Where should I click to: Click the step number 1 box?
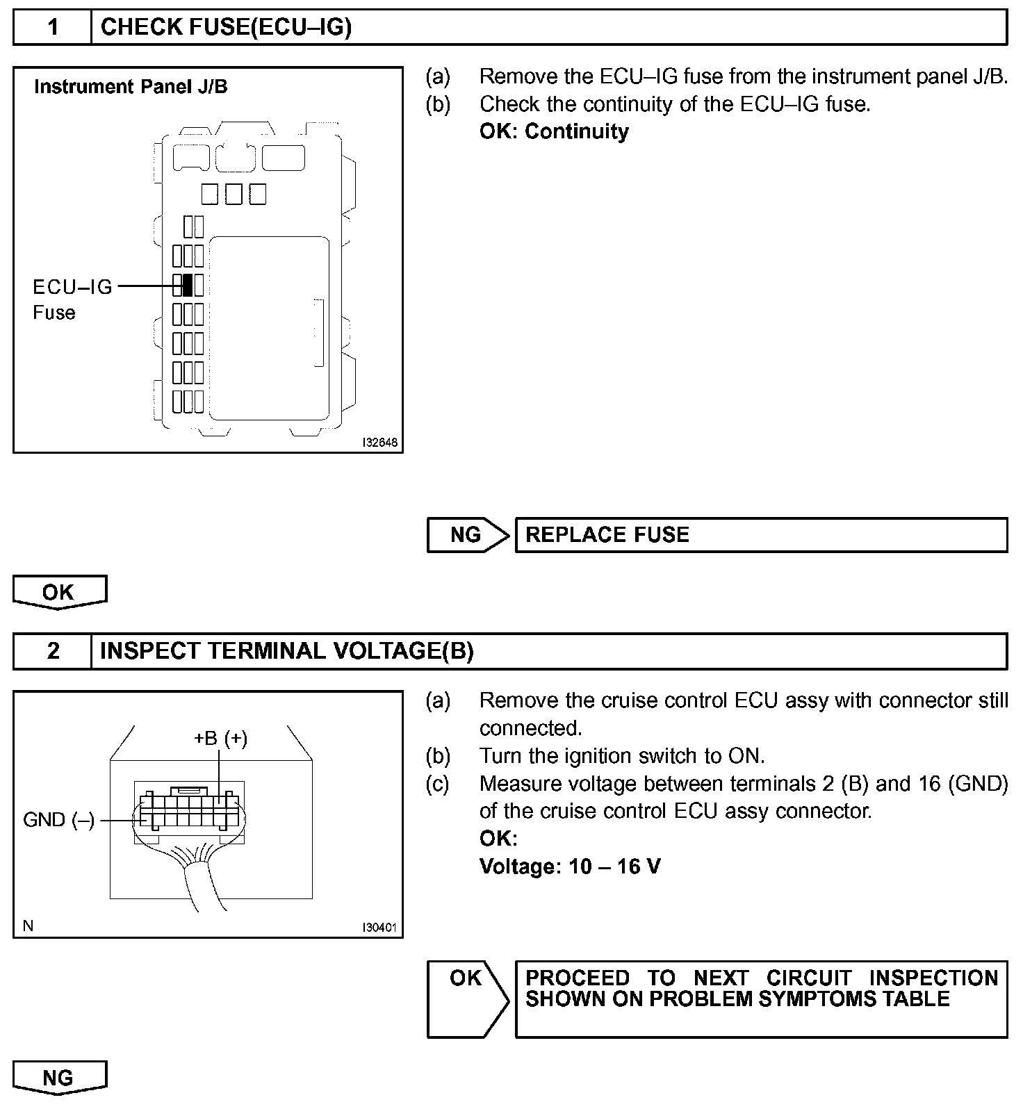coord(53,28)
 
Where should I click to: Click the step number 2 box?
coord(53,651)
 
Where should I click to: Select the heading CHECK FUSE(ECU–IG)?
coord(226,28)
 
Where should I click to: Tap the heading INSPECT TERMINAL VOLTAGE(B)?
coord(286,651)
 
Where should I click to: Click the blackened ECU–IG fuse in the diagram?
coord(187,285)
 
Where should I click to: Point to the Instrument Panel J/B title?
coord(131,87)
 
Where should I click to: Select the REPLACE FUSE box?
coord(760,535)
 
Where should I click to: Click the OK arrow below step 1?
coord(59,593)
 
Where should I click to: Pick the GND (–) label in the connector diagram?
coord(58,820)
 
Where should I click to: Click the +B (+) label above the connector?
coord(220,738)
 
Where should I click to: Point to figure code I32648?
coord(379,442)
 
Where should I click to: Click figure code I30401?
coord(379,927)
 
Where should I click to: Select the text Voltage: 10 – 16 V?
coord(570,866)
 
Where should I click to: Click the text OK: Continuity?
coord(554,131)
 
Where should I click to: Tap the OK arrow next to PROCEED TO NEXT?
coord(467,998)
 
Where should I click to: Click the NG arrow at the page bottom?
coord(59,1078)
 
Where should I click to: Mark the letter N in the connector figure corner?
coord(28,926)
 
